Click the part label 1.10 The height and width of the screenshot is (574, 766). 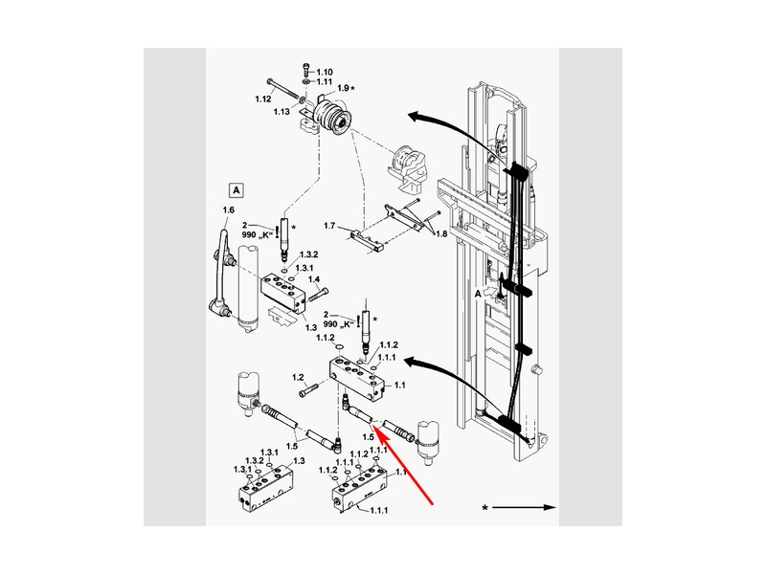pyautogui.click(x=325, y=73)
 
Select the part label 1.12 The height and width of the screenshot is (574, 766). pyautogui.click(x=262, y=99)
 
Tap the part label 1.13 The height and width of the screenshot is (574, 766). pyautogui.click(x=282, y=112)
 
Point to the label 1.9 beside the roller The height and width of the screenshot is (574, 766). pyautogui.click(x=343, y=88)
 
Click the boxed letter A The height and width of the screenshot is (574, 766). pyautogui.click(x=237, y=189)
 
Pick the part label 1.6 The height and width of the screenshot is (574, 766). pyautogui.click(x=228, y=210)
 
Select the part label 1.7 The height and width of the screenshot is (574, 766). pyautogui.click(x=329, y=226)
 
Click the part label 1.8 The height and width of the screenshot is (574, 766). pyautogui.click(x=441, y=233)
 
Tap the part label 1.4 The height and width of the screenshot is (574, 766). pyautogui.click(x=314, y=279)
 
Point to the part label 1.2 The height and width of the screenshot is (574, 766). pyautogui.click(x=298, y=377)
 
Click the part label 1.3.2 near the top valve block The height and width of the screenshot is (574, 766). pyautogui.click(x=308, y=254)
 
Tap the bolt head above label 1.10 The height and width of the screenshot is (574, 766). pyautogui.click(x=306, y=66)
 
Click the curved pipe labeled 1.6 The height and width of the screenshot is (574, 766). pyautogui.click(x=221, y=272)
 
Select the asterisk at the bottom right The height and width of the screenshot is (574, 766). pyautogui.click(x=484, y=509)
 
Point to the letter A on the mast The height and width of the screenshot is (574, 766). pyautogui.click(x=478, y=294)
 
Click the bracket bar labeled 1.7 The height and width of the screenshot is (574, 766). pyautogui.click(x=366, y=241)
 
